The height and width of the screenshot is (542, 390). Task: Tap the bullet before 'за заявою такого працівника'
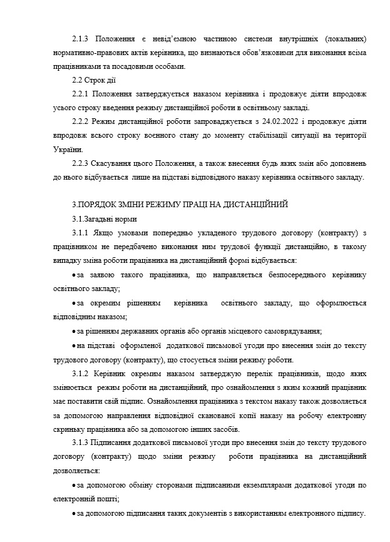(74, 275)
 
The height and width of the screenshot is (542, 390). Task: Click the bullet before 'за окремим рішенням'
(74, 303)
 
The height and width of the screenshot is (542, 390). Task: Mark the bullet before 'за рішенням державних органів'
(74, 330)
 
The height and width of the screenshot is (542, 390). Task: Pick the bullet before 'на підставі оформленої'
(74, 345)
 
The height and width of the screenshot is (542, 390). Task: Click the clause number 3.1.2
(82, 373)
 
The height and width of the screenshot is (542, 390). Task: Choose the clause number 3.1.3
(82, 443)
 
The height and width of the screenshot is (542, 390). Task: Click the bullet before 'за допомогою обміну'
(74, 485)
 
